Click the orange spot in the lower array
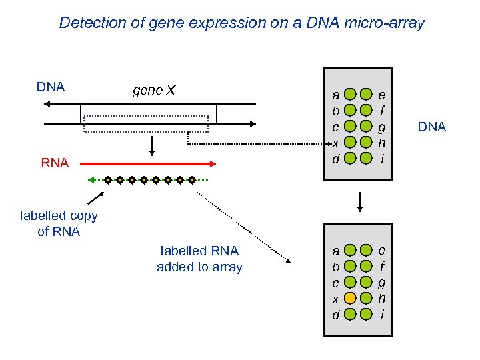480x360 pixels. click(351, 298)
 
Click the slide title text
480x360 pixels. click(241, 23)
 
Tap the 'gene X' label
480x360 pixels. click(153, 91)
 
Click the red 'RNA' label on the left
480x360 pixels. click(55, 163)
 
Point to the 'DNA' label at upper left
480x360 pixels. click(50, 87)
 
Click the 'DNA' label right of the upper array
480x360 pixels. click(431, 127)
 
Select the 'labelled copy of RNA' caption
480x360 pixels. click(59, 223)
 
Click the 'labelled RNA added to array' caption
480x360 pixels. click(199, 259)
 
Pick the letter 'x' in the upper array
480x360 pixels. click(336, 143)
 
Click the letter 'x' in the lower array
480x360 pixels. click(336, 299)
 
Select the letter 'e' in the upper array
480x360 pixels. click(382, 95)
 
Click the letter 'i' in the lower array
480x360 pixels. click(382, 313)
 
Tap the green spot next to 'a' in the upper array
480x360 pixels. click(351, 95)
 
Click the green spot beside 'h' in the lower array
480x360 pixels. click(366, 298)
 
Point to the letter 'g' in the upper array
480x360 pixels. click(382, 126)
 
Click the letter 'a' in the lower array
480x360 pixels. click(336, 251)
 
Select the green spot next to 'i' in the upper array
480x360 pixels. click(366, 158)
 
